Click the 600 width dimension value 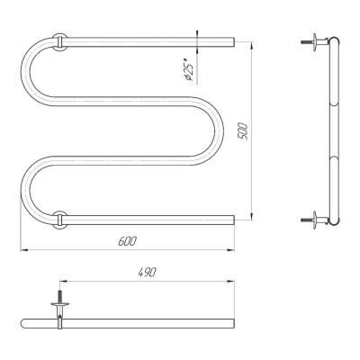tap(127, 241)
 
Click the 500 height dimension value tap(242, 131)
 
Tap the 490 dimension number tap(147, 273)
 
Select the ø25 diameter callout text tap(188, 73)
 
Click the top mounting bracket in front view tap(59, 41)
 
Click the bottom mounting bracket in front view tap(59, 220)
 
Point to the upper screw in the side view tap(307, 42)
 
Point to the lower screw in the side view tap(307, 220)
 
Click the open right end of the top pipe tap(233, 42)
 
